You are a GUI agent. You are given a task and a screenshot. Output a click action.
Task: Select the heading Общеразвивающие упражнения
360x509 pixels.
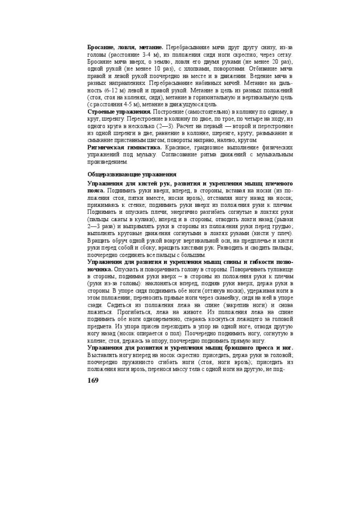[x=132, y=174]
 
